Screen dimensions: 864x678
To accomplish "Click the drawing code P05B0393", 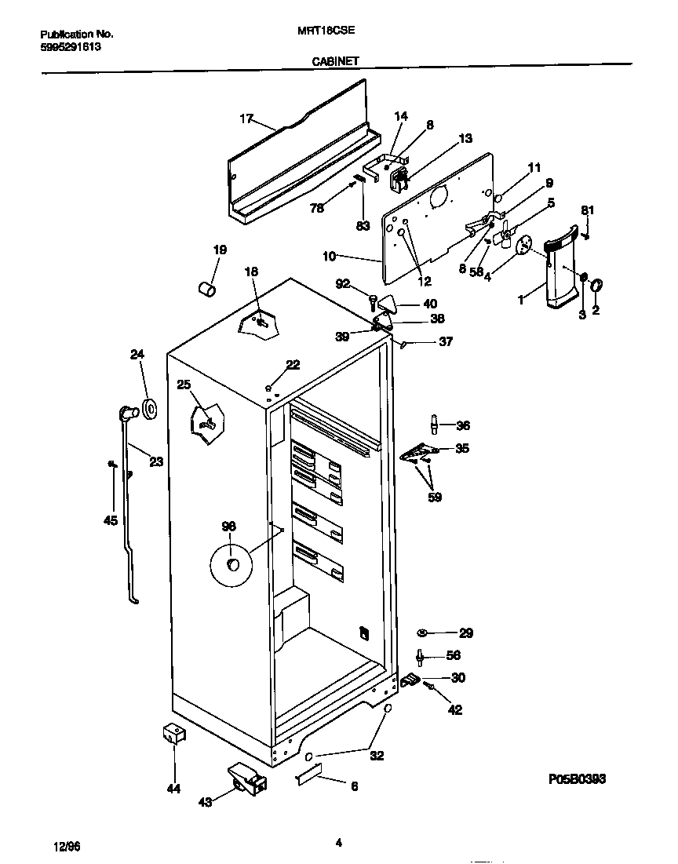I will [x=577, y=778].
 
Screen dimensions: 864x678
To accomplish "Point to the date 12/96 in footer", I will [x=67, y=845].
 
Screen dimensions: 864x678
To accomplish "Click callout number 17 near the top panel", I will [x=246, y=118].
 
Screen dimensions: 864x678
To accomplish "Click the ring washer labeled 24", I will [x=147, y=409].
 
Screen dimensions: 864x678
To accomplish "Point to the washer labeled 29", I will [x=423, y=633].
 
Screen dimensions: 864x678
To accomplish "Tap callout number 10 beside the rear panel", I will [x=330, y=256].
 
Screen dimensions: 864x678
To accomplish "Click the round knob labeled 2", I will [x=596, y=284].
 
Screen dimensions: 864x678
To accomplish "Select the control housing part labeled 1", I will [x=560, y=267].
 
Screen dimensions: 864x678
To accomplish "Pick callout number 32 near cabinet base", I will [x=377, y=756].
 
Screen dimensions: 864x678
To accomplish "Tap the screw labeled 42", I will [x=430, y=687].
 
